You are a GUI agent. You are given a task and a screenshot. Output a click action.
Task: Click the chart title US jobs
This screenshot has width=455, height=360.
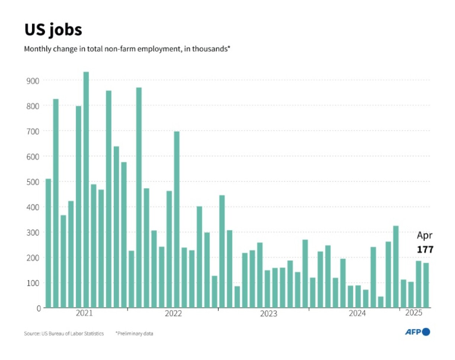point(53,30)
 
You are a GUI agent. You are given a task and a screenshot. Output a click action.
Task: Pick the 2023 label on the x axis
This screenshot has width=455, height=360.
point(268,314)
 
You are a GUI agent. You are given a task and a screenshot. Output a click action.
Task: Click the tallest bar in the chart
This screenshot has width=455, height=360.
point(86,189)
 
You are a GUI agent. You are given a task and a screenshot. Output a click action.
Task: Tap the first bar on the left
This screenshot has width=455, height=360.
point(48,243)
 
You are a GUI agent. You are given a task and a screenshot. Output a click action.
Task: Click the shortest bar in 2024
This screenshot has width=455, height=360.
point(381,302)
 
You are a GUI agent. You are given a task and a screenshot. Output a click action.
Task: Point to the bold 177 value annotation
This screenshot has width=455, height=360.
point(425,250)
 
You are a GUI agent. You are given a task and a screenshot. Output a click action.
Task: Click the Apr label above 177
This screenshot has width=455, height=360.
point(425,236)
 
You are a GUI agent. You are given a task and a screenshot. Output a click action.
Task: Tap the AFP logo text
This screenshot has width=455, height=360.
point(413,332)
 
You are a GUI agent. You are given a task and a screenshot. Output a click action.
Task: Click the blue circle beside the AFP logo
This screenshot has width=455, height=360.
point(426,332)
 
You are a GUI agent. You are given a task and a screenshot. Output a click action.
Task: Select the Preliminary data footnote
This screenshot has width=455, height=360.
point(134,334)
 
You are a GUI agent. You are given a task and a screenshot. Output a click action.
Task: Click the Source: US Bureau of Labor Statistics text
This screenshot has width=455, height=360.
point(64,334)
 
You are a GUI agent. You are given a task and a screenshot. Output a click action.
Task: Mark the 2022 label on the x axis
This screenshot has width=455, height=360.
point(173,314)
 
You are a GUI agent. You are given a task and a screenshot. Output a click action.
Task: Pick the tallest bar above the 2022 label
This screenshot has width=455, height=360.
point(177,220)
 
